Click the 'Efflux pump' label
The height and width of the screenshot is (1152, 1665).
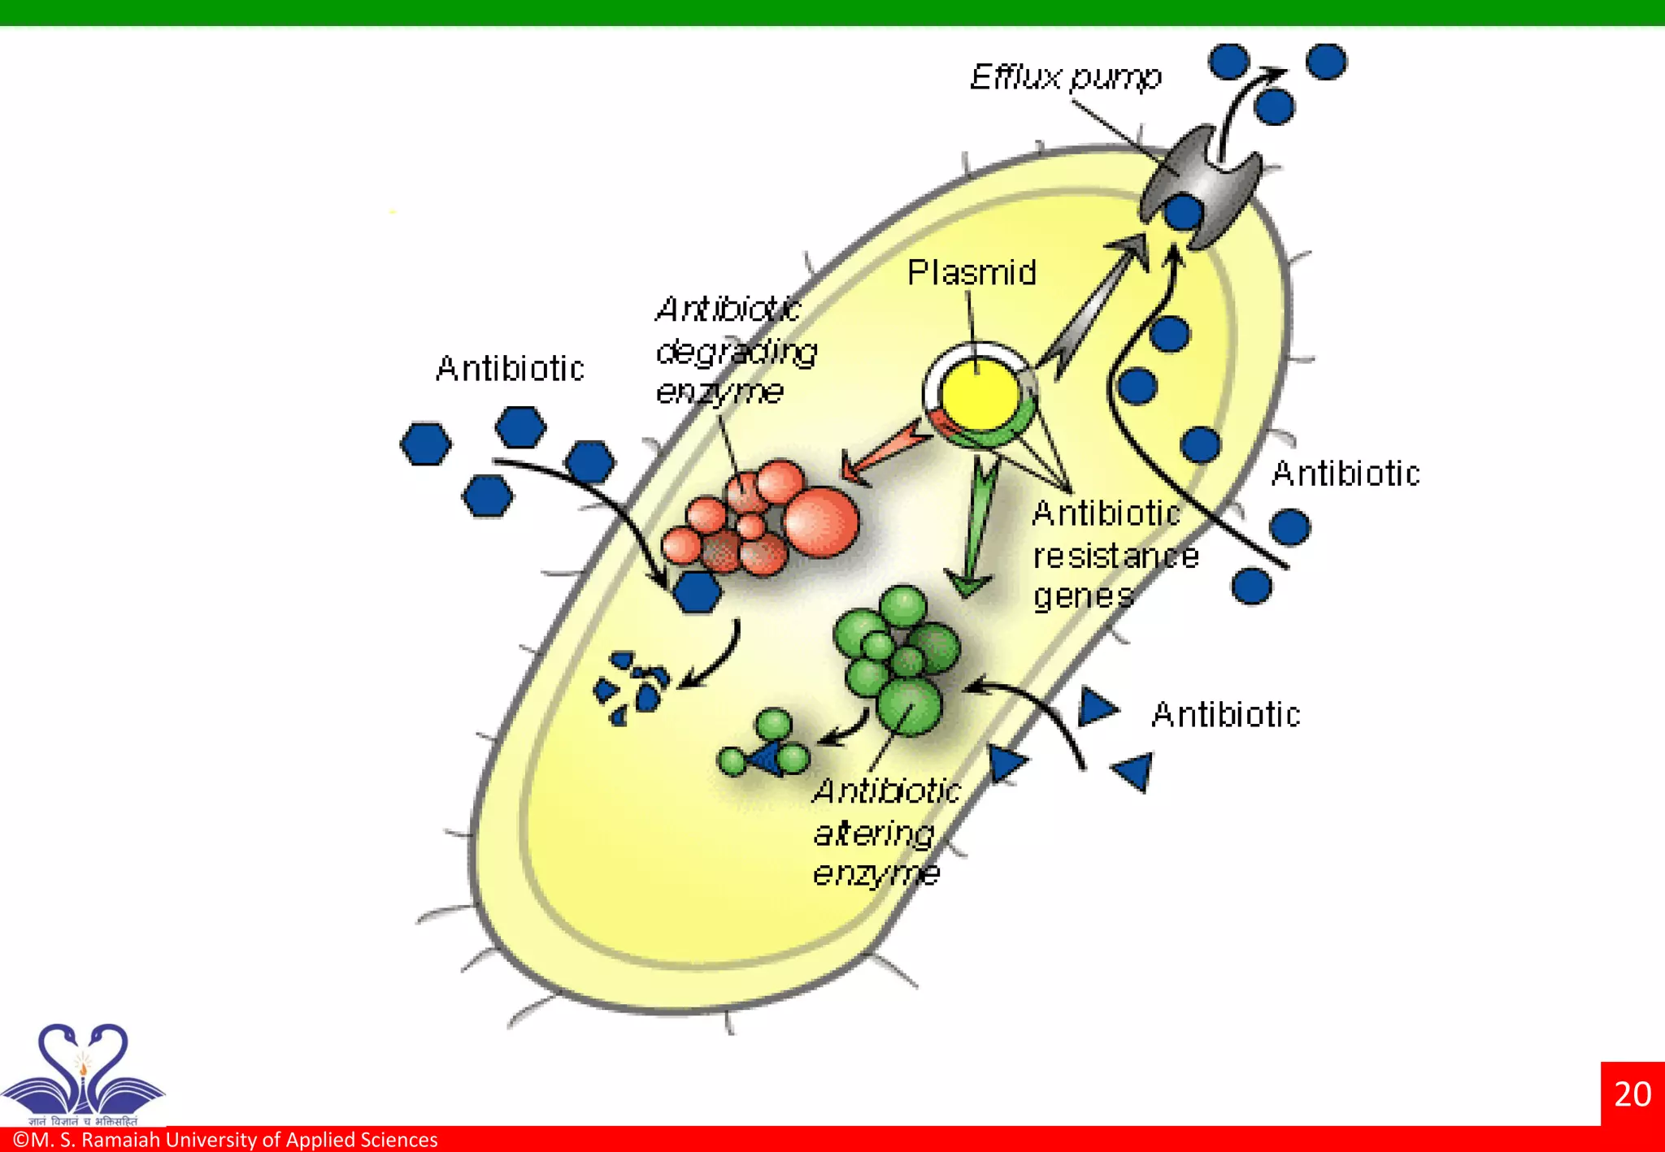(x=1065, y=77)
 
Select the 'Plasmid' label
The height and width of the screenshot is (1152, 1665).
(x=972, y=273)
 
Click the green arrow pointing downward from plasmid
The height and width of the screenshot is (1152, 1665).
(x=976, y=528)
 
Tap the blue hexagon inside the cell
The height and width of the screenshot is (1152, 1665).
(x=698, y=591)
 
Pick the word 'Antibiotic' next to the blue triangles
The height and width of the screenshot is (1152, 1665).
(x=1225, y=715)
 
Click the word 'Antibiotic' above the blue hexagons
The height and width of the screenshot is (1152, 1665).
(x=510, y=369)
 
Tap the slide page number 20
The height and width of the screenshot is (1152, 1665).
(x=1632, y=1094)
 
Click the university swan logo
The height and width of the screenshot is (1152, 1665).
(x=83, y=1071)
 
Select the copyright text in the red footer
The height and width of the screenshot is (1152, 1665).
(x=226, y=1140)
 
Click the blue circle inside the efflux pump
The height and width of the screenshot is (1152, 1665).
(x=1183, y=213)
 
